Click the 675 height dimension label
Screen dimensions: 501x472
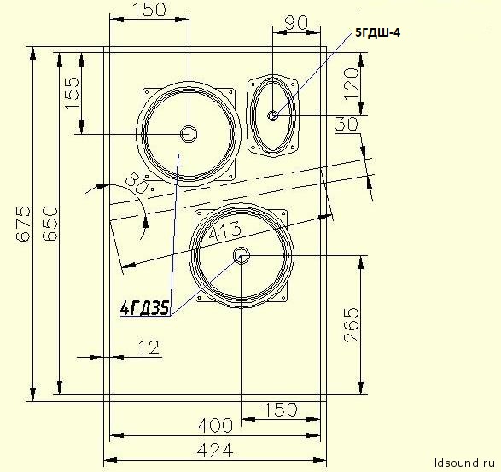click(24, 224)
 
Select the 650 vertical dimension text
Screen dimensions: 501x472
click(50, 224)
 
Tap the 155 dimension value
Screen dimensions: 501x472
click(72, 93)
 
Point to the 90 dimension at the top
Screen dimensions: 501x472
click(296, 23)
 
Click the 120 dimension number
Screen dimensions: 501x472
click(351, 84)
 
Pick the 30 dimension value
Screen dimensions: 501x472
click(347, 124)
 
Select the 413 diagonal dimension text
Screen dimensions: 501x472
click(225, 230)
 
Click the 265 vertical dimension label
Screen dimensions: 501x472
click(352, 325)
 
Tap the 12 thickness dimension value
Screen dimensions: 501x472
click(149, 347)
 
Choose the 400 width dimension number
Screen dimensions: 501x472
click(215, 425)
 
